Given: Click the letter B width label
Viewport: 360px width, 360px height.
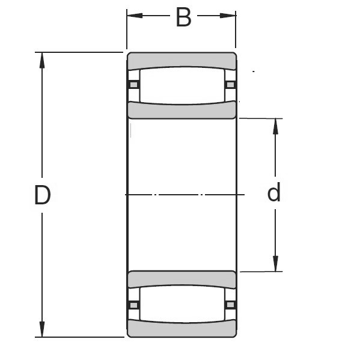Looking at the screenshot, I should (x=183, y=17).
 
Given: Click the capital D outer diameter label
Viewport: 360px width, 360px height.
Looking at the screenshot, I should (x=42, y=195).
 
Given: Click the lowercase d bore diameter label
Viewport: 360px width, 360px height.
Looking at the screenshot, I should (x=273, y=194).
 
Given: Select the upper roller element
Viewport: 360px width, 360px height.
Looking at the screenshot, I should (x=182, y=85).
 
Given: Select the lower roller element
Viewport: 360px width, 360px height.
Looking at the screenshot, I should (x=182, y=305).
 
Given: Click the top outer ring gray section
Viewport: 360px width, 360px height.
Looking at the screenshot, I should (x=182, y=60).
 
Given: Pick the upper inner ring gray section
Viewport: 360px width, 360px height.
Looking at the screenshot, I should (x=182, y=111).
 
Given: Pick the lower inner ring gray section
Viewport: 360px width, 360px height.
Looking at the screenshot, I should (x=182, y=279).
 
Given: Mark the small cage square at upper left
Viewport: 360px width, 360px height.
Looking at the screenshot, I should (x=134, y=84).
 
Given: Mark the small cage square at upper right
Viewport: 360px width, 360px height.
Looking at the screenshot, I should (x=230, y=84).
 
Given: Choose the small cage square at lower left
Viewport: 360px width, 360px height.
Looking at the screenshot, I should (x=134, y=305).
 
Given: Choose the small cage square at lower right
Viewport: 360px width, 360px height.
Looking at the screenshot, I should (x=230, y=305).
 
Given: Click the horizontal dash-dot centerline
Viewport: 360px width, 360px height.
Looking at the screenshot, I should (x=180, y=195).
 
